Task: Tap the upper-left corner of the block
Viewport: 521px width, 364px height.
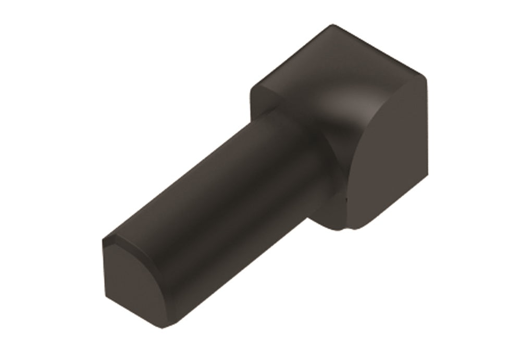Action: tap(253, 89)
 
